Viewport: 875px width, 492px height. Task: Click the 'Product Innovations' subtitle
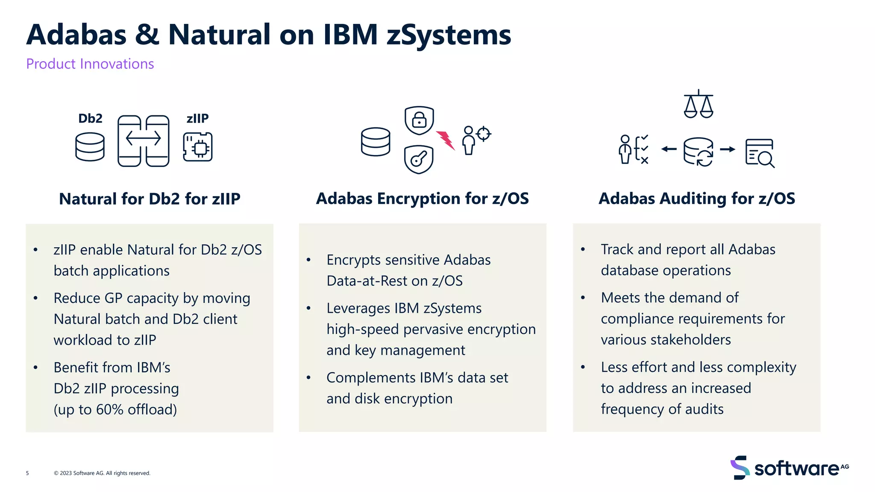coord(90,64)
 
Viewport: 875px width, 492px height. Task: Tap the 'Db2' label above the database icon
coord(90,118)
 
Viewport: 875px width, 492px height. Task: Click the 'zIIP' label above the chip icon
coord(197,118)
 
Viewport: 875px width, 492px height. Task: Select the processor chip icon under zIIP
coord(198,147)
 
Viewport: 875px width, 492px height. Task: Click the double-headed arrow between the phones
coord(143,138)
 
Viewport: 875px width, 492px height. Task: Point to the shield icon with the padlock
coord(419,120)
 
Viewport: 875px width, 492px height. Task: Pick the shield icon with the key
coord(419,159)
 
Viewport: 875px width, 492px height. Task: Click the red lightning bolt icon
coord(445,140)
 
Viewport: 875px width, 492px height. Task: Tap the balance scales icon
coord(699,104)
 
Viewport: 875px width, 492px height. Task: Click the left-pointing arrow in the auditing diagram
coord(669,149)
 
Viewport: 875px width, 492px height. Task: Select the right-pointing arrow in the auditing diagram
coord(727,149)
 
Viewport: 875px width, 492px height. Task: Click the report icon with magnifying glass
coord(760,153)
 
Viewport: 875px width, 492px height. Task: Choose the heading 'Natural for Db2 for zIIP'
coord(150,199)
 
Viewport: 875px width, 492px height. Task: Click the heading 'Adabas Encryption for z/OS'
coord(422,199)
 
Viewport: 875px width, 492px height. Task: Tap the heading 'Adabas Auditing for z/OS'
coord(697,199)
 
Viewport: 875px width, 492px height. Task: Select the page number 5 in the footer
coord(27,473)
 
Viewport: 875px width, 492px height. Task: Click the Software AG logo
coord(789,468)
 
